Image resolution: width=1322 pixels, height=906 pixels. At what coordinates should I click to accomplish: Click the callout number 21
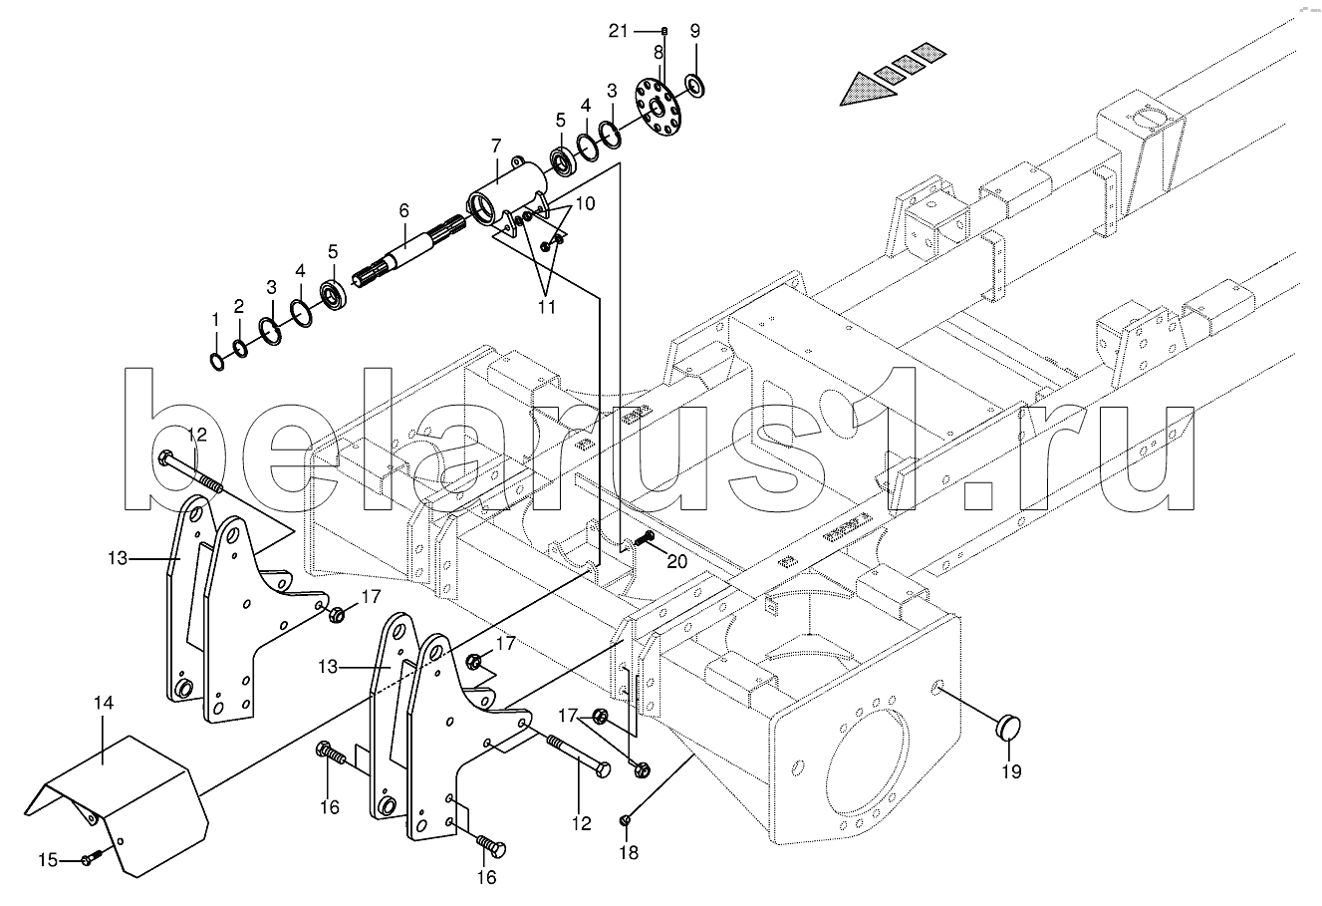pyautogui.click(x=619, y=31)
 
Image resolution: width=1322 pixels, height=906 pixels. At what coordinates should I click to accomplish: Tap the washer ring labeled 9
pyautogui.click(x=695, y=87)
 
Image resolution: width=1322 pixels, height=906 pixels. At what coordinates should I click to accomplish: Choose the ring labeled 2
pyautogui.click(x=240, y=348)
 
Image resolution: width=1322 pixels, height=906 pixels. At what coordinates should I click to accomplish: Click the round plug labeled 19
pyautogui.click(x=1010, y=725)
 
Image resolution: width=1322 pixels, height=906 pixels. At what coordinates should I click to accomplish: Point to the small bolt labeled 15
pyautogui.click(x=89, y=858)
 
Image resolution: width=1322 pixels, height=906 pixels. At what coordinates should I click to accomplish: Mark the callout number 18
pyautogui.click(x=628, y=852)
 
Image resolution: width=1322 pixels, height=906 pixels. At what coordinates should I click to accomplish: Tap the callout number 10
pyautogui.click(x=586, y=203)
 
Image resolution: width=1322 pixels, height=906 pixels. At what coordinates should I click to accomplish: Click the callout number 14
pyautogui.click(x=104, y=703)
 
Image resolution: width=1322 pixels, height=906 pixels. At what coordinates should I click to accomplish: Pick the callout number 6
pyautogui.click(x=403, y=210)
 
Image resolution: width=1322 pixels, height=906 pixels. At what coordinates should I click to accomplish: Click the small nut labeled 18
pyautogui.click(x=625, y=820)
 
